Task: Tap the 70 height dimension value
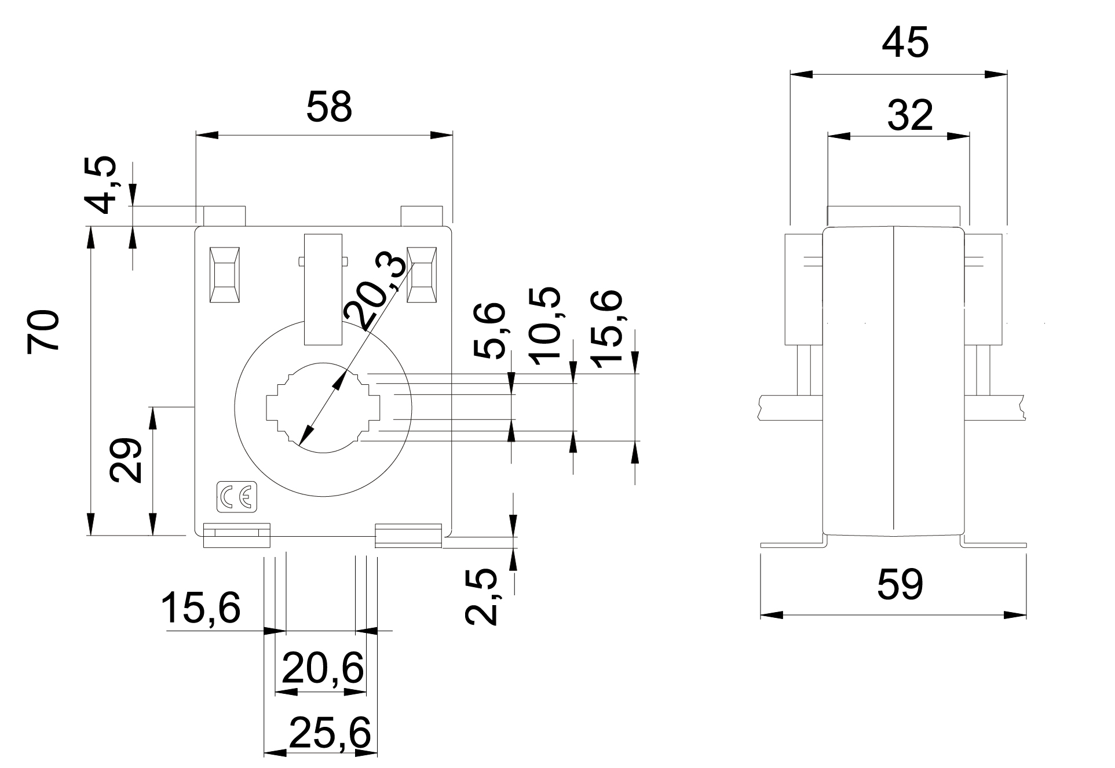point(44,331)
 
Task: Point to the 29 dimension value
point(126,461)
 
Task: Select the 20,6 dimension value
point(323,668)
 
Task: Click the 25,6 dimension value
point(330,733)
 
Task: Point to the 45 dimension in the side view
point(905,43)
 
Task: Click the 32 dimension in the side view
point(911,115)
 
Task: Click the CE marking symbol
point(237,497)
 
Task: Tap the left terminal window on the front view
point(224,275)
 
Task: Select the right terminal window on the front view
point(421,275)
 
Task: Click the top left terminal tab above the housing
point(224,216)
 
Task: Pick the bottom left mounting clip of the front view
point(237,535)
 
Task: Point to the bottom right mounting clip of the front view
point(408,535)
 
